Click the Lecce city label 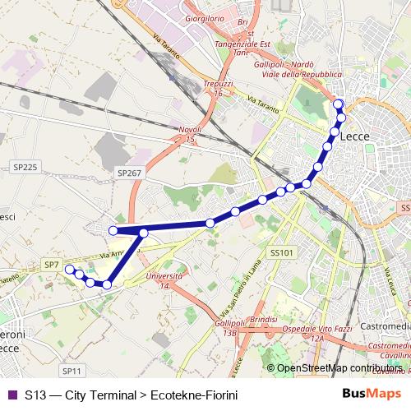[354, 136]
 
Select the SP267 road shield [129, 173]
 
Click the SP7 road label [51, 265]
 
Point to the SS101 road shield [281, 252]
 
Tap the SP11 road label [72, 372]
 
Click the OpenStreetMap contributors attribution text [338, 368]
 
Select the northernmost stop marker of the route [339, 103]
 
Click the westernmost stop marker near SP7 [70, 269]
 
